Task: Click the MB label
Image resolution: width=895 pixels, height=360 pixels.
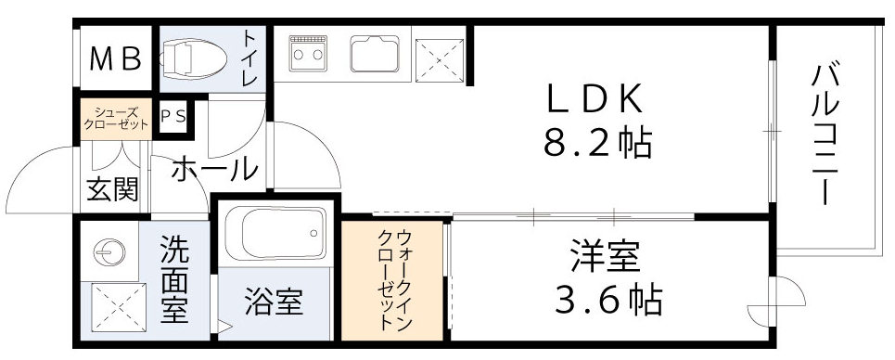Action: coord(115,59)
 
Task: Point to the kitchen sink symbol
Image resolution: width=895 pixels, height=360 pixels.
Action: coord(375,54)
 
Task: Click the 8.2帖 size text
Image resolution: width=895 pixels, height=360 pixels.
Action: coord(596,143)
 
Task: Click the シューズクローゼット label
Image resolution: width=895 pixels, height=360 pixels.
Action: coord(114,119)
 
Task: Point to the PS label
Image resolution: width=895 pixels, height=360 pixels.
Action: coord(173,117)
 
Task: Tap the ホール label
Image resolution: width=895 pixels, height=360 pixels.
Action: coord(213,170)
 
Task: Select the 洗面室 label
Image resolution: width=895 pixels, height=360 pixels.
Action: coord(173,278)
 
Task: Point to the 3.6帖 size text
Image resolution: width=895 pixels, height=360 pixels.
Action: coord(607,299)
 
